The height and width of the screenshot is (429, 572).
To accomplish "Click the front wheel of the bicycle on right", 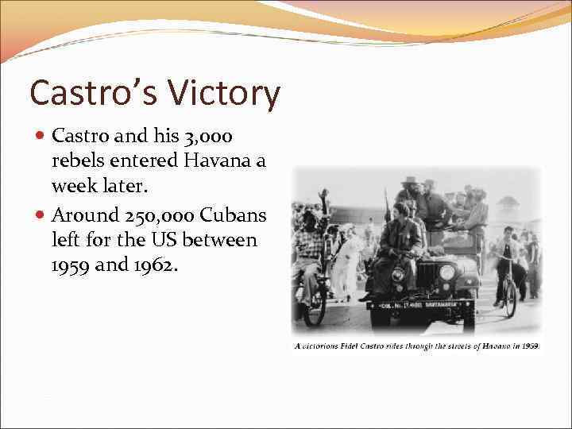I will pos(510,297).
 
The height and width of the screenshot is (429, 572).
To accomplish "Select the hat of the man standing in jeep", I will pos(411,180).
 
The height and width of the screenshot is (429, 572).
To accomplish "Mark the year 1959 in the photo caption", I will pos(530,346).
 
